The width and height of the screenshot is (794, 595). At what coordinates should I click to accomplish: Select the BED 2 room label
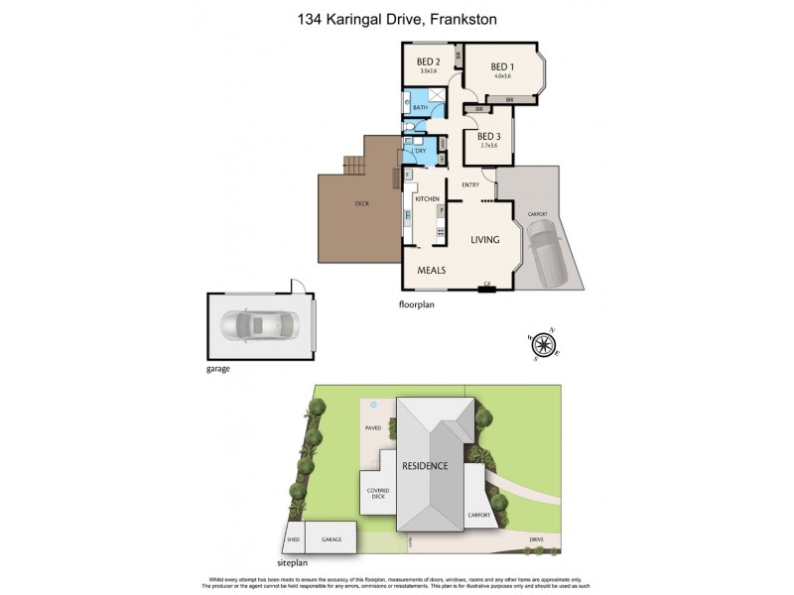point(429,62)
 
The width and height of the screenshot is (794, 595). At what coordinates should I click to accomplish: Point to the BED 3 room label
point(488,137)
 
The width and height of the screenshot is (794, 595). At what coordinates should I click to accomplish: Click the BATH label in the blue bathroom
point(420,107)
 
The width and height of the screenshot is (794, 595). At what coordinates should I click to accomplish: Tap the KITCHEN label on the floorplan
point(427,199)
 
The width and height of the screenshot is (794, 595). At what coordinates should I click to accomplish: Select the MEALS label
point(430,270)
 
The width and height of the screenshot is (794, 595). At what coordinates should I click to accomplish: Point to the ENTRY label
point(470,184)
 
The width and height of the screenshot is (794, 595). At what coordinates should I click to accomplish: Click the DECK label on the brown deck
point(361,205)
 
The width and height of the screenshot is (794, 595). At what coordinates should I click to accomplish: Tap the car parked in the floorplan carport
point(545,248)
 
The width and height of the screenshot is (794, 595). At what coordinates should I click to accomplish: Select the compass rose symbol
point(543,344)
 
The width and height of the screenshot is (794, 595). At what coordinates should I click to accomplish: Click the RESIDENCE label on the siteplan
point(425,465)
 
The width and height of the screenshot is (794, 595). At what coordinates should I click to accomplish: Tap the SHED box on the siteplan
point(293,539)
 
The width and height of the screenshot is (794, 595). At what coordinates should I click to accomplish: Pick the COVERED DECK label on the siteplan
point(377,492)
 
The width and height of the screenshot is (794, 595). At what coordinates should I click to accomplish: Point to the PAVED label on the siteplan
point(372,428)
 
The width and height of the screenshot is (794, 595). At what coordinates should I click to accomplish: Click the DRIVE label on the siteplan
point(536,540)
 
